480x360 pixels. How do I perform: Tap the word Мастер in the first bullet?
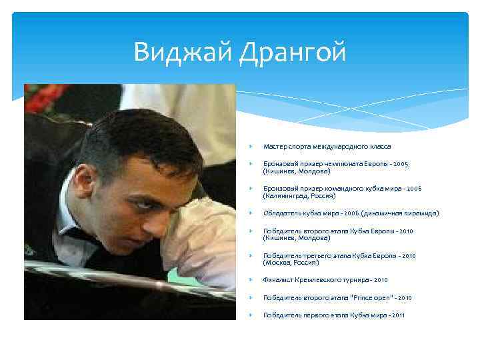[x=274, y=146]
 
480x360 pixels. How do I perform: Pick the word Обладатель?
[x=281, y=213]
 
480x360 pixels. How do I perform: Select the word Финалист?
[x=277, y=280]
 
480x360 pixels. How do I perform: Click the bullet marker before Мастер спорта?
[x=247, y=146]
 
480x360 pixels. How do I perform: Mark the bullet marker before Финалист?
[x=247, y=280]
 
